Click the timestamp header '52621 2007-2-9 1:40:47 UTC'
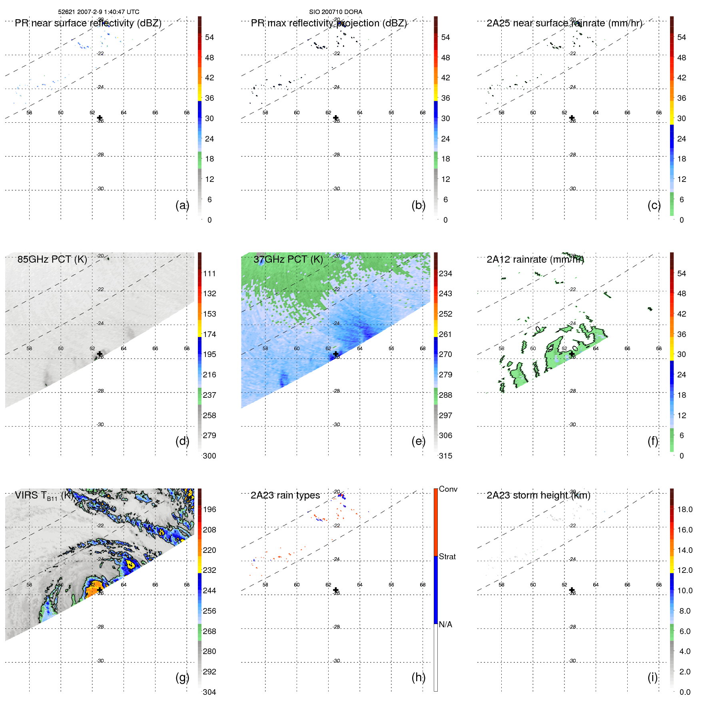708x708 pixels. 98,12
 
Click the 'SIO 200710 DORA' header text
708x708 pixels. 335,12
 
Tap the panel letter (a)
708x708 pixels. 182,205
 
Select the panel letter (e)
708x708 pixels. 418,441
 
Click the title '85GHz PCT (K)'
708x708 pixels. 52,259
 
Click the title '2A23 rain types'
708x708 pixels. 285,495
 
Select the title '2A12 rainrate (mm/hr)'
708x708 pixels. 535,259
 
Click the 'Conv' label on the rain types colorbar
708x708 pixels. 448,489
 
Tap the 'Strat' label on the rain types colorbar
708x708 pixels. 447,556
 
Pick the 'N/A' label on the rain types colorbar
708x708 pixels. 445,624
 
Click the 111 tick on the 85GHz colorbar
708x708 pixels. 209,273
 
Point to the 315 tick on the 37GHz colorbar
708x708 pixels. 445,456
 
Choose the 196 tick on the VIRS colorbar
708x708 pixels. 209,509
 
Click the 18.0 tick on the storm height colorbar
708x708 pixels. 684,509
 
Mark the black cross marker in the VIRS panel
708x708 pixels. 100,590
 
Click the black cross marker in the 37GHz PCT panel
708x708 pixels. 336,354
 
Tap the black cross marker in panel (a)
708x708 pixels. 100,118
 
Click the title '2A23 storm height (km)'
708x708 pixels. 538,495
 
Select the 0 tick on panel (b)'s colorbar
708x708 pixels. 445,220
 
